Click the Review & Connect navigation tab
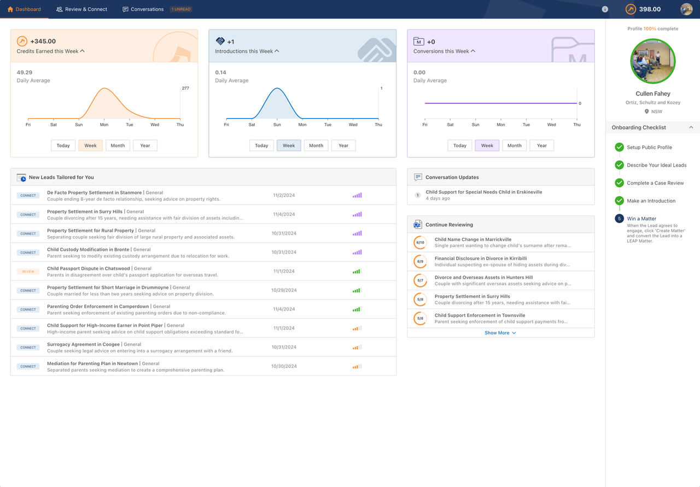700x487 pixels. pyautogui.click(x=82, y=9)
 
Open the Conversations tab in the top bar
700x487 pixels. pyautogui.click(x=143, y=9)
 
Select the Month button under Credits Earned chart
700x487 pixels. pyautogui.click(x=118, y=145)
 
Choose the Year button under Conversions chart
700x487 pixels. pyautogui.click(x=541, y=145)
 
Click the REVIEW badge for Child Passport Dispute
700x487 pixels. pyautogui.click(x=28, y=272)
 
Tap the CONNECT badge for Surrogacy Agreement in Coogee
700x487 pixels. pyautogui.click(x=28, y=348)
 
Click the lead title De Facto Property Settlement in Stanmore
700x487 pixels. pyautogui.click(x=94, y=192)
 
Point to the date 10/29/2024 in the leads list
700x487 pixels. pyautogui.click(x=284, y=290)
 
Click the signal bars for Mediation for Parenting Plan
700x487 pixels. pyautogui.click(x=357, y=366)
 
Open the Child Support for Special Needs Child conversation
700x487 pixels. pyautogui.click(x=484, y=192)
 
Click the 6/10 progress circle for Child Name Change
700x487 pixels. pyautogui.click(x=420, y=243)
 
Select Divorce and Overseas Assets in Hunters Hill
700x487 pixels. pyautogui.click(x=483, y=277)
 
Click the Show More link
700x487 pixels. pyautogui.click(x=500, y=333)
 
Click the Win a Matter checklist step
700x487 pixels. pyautogui.click(x=641, y=219)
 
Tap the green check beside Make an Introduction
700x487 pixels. pyautogui.click(x=619, y=201)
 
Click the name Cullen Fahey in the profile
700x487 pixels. pyautogui.click(x=653, y=93)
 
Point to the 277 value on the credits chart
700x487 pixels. pyautogui.click(x=185, y=88)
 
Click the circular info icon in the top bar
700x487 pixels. pyautogui.click(x=605, y=9)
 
